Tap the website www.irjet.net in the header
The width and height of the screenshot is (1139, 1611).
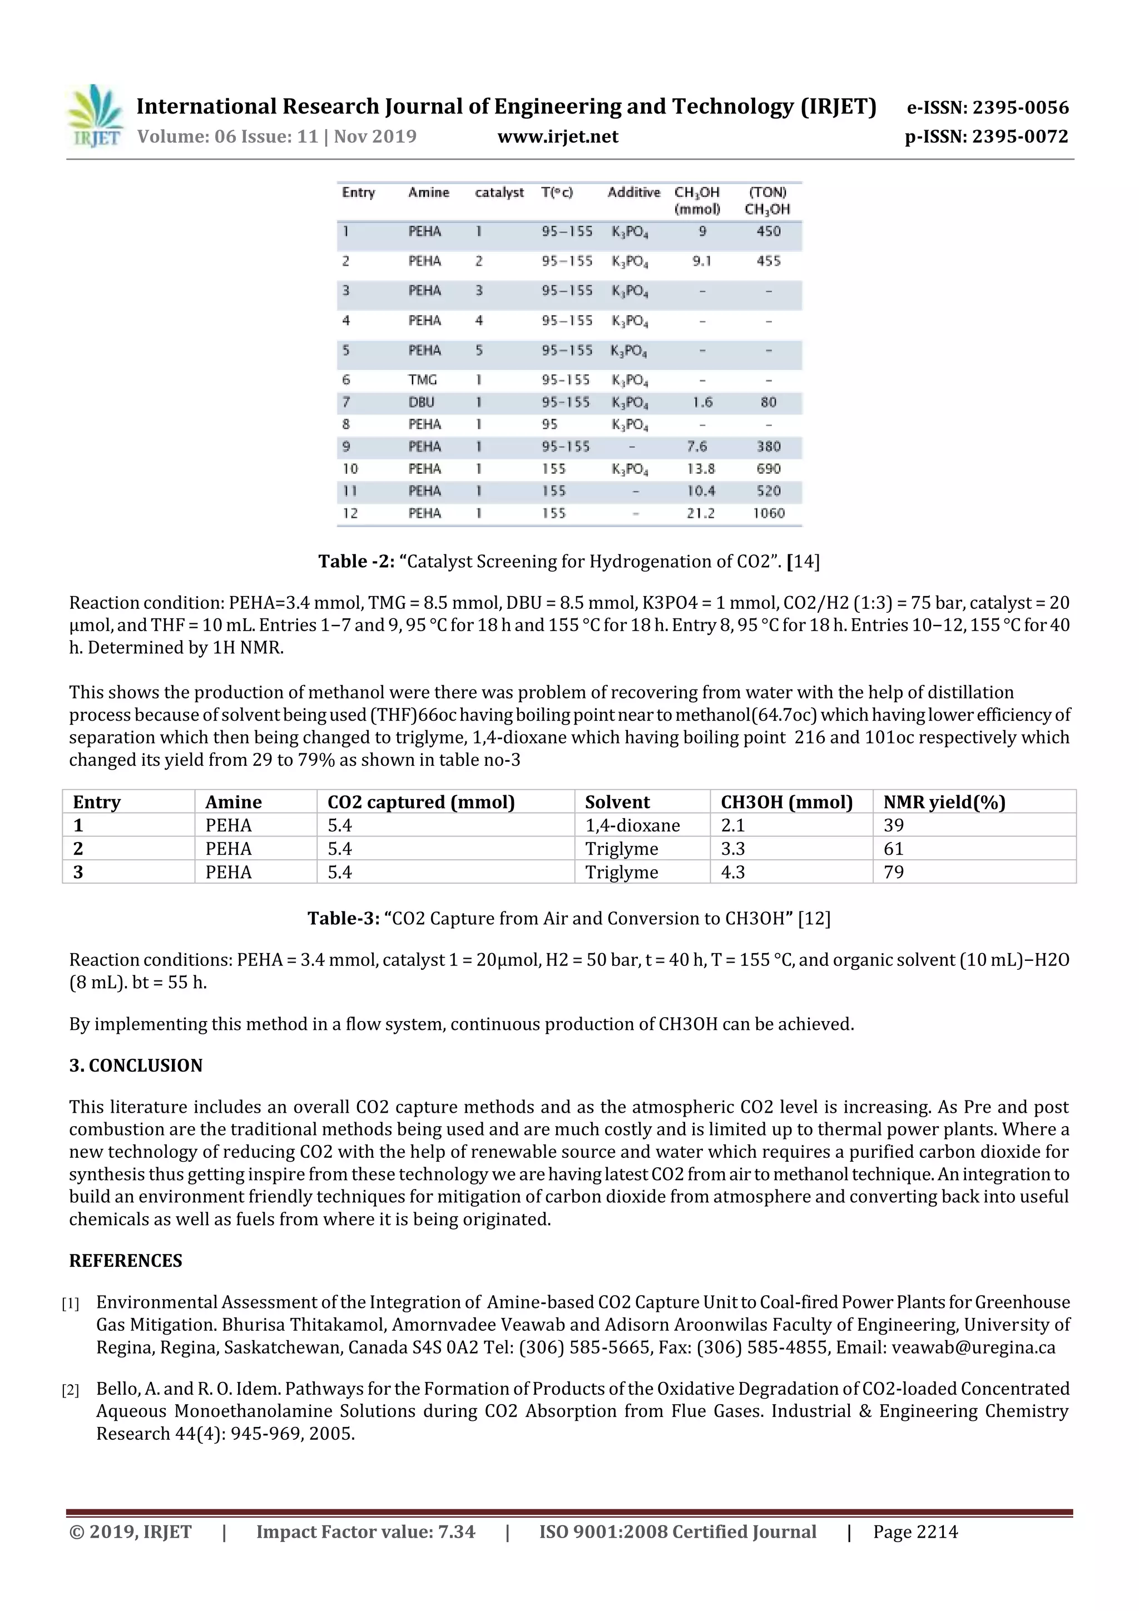tap(558, 137)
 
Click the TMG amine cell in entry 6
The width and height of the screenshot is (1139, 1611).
tap(423, 380)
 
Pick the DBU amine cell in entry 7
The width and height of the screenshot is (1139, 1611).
tap(421, 403)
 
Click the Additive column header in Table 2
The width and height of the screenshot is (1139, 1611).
tap(633, 193)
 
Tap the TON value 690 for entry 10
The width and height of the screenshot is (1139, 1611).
tap(769, 469)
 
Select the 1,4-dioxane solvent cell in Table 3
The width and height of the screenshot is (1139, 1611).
tap(632, 825)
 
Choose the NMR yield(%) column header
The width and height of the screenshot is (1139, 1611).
tap(944, 802)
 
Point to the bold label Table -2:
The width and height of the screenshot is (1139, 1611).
tap(356, 561)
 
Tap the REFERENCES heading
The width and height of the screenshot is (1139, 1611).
tap(126, 1261)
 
